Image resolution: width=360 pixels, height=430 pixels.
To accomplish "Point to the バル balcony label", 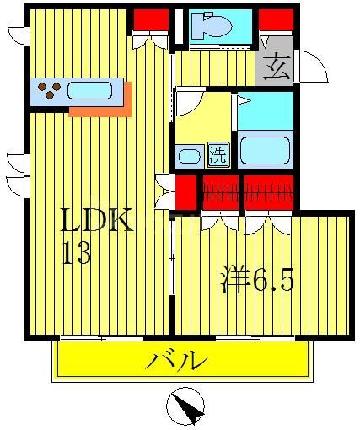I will [x=178, y=362].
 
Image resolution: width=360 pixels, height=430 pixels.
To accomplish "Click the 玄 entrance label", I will [x=276, y=67].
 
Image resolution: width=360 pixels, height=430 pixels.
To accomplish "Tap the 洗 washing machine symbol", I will [x=218, y=154].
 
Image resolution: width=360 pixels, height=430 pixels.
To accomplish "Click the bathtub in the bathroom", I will [x=266, y=150].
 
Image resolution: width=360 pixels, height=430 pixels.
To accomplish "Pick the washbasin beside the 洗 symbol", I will [x=189, y=155].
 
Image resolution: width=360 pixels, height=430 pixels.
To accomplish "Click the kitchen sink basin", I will [x=90, y=90].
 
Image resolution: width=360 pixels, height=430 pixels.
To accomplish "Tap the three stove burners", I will [x=48, y=90].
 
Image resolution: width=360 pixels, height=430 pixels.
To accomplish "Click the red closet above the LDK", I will [x=149, y=19].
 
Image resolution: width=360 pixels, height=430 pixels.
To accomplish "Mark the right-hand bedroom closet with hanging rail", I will [x=267, y=191].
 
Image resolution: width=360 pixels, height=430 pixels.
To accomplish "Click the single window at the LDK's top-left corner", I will [x=19, y=35].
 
